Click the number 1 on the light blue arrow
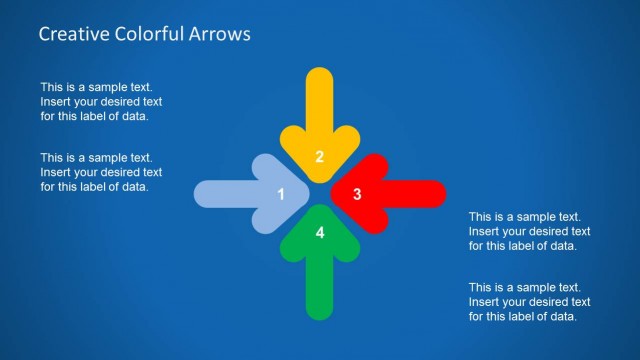click(x=281, y=194)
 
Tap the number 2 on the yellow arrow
click(x=319, y=156)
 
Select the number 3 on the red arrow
click(x=357, y=194)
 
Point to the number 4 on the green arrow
click(x=320, y=233)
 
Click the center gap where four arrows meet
click(x=319, y=194)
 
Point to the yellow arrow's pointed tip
click(x=319, y=181)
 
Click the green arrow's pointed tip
click(x=319, y=207)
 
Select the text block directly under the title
click(x=101, y=102)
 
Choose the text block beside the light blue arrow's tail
click(x=101, y=172)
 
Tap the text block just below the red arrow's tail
click(x=529, y=231)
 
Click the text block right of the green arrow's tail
click(x=529, y=301)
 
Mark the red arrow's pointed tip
click(x=332, y=194)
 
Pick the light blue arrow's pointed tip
click(x=306, y=194)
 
